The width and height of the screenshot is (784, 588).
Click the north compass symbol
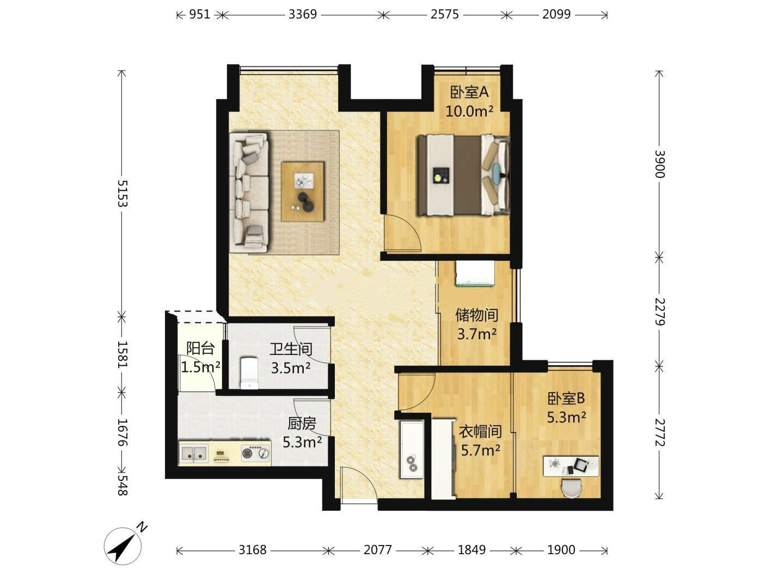pos(123,546)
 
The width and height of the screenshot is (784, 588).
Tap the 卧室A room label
pos(469,93)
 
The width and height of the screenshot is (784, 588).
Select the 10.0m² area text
pos(469,112)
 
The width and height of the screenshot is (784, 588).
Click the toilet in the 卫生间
pos(249,373)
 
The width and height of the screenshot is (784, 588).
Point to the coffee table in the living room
pos(303,192)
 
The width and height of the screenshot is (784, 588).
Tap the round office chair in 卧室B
pos(571,487)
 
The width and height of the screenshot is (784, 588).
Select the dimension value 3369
pos(303,14)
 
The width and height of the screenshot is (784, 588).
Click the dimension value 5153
pos(122,193)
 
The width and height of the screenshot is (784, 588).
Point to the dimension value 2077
pos(377,550)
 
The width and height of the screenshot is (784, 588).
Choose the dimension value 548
pos(122,485)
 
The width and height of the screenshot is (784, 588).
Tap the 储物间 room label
pos(476,315)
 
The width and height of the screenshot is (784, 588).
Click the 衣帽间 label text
pos(480,432)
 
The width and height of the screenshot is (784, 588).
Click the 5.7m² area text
pos(480,451)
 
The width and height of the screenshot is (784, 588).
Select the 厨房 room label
pos(302,424)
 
